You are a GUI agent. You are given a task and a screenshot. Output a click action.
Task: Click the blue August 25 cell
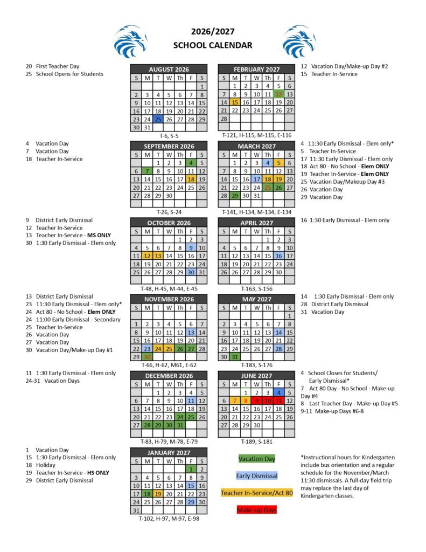tap(158, 119)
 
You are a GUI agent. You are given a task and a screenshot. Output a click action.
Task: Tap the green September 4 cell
tap(191, 162)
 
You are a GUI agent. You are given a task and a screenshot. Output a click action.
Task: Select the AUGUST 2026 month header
tap(169, 69)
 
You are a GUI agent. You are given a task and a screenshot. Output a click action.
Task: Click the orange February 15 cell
tap(234, 102)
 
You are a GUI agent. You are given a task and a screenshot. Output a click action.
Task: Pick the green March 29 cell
tap(234, 196)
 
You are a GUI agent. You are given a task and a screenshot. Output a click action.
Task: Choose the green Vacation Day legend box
tap(257, 459)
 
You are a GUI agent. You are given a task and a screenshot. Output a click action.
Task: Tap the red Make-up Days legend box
tap(257, 509)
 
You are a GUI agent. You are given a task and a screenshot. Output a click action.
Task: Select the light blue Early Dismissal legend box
tap(257, 476)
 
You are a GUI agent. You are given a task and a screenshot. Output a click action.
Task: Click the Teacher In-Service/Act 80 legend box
tap(257, 493)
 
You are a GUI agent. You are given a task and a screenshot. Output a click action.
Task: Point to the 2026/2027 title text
tap(212, 32)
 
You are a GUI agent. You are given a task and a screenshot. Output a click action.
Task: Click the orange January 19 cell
tap(158, 494)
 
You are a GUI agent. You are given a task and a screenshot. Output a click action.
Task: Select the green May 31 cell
tap(234, 357)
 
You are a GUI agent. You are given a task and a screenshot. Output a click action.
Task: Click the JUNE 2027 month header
tap(256, 376)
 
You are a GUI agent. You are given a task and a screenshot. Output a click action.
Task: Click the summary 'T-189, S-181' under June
tap(256, 441)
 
